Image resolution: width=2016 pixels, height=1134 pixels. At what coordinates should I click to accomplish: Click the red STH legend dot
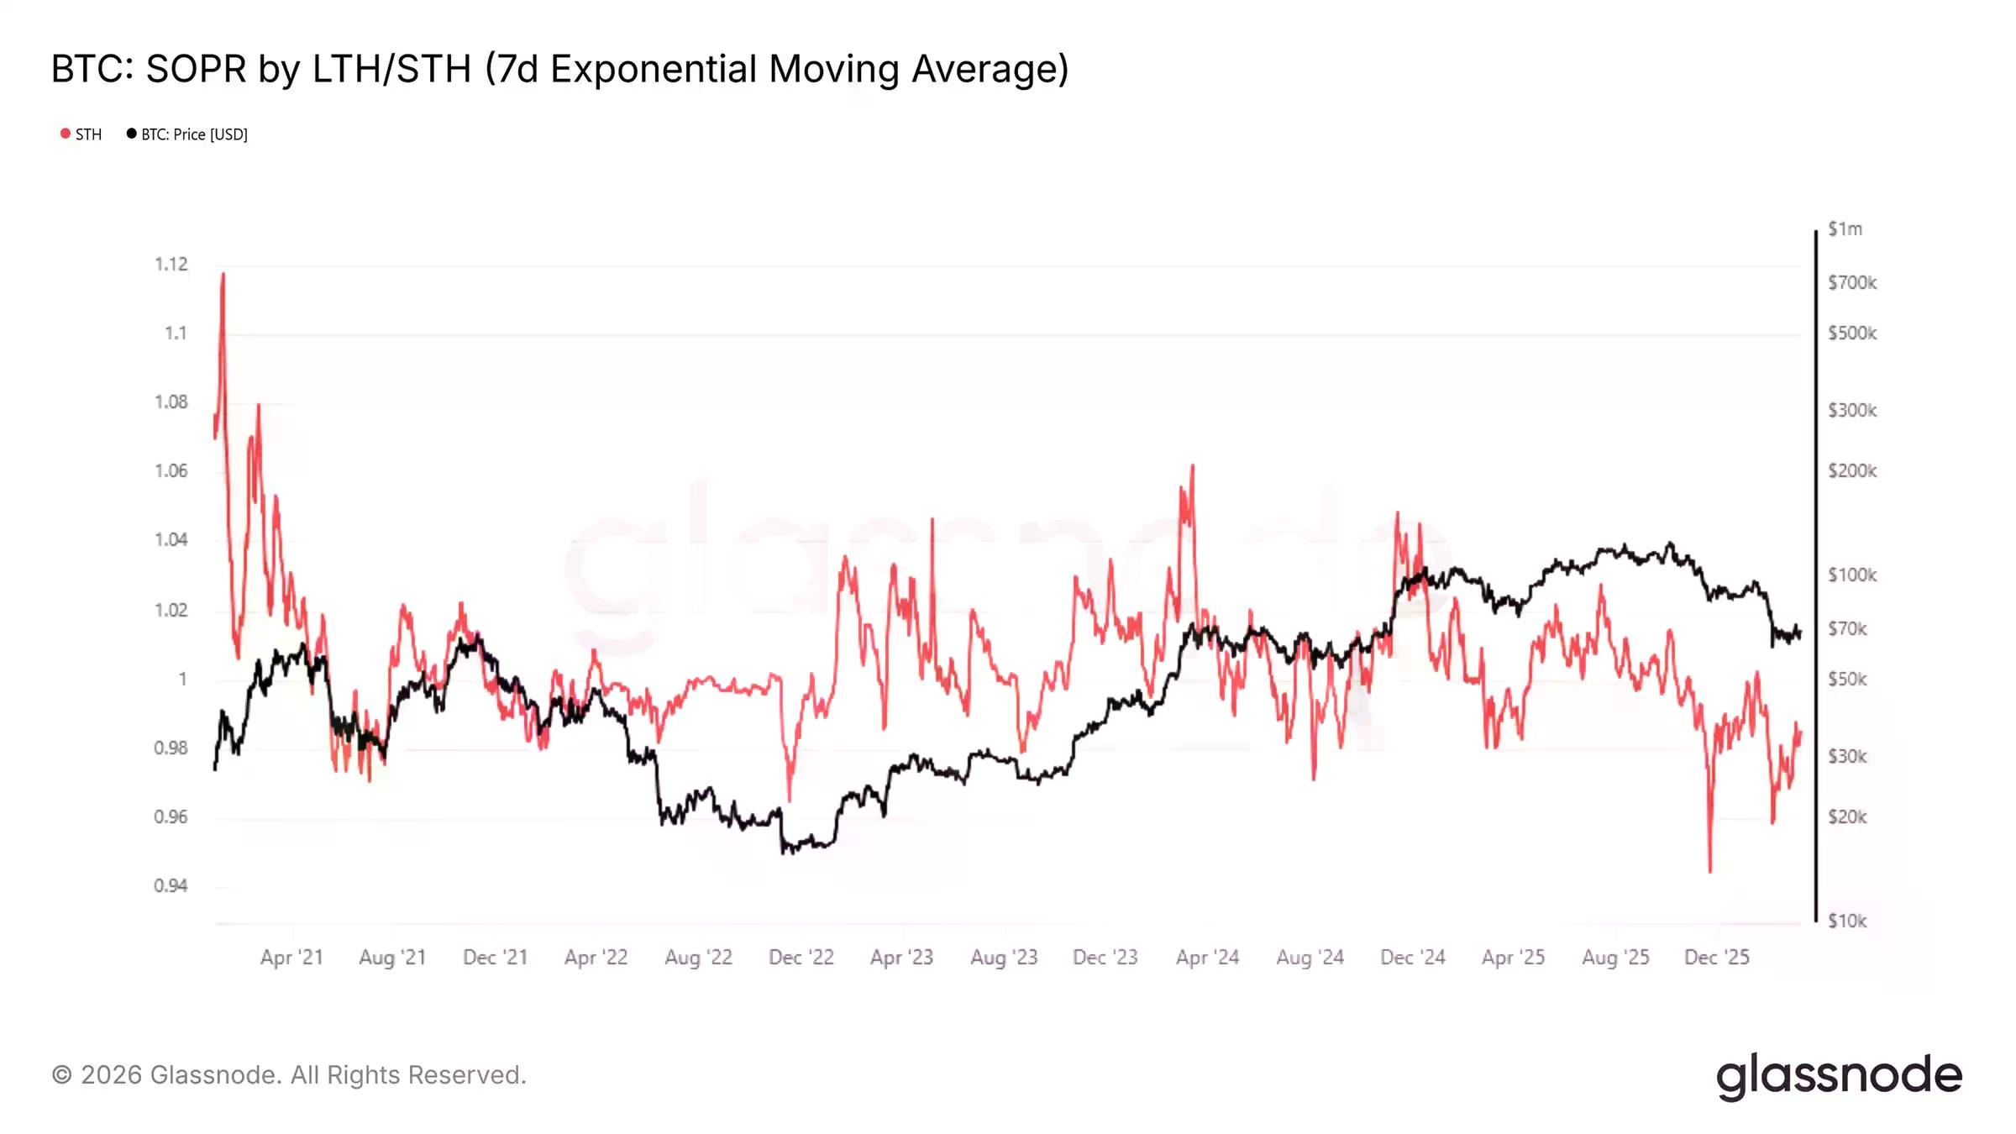coord(66,134)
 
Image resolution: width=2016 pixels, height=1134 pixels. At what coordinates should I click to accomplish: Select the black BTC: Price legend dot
coord(131,134)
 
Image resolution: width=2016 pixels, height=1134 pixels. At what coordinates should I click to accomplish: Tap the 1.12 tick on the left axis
coord(171,265)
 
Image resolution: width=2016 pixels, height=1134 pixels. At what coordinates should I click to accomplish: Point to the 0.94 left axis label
coord(171,885)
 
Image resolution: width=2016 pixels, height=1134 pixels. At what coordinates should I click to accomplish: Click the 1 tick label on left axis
coord(182,679)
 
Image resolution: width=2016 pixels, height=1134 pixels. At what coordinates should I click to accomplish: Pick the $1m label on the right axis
coord(1845,229)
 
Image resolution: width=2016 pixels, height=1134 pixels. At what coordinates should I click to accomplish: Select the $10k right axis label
coord(1847,921)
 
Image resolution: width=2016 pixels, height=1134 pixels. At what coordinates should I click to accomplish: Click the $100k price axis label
coord(1852,575)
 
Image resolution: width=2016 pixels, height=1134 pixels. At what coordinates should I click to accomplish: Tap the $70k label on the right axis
coord(1847,629)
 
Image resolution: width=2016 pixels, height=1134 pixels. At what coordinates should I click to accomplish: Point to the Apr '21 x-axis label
coord(291,958)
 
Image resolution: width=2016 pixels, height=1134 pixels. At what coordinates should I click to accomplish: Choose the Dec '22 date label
coord(801,958)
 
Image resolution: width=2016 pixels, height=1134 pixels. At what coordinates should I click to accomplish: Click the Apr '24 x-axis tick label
coord(1207,958)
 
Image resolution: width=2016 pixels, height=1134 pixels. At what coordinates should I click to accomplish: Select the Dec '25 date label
coord(1717,958)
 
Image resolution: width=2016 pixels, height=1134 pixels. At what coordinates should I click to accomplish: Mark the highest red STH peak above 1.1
coord(223,274)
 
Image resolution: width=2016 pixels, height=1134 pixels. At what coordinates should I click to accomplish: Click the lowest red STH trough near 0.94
coord(1709,871)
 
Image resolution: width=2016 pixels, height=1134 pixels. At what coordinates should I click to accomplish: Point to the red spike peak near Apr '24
coord(1192,466)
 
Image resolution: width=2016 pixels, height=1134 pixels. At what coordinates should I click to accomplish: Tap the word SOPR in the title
coord(197,69)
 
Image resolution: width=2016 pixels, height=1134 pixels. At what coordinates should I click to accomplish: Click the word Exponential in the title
coord(654,69)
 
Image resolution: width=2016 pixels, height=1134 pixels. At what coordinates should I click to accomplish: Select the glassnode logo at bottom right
coord(1839,1076)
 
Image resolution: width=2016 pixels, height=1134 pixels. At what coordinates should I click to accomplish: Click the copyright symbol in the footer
coord(61,1075)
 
